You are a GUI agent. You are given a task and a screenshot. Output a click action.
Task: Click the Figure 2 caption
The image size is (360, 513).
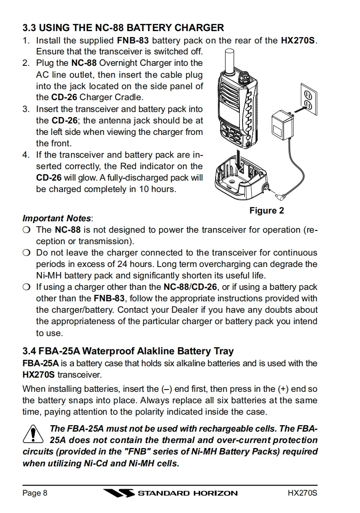[x=266, y=211]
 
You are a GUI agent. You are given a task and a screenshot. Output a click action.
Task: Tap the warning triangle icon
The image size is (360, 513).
[x=32, y=435]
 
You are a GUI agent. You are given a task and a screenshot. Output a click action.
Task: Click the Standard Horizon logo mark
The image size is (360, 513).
[x=118, y=493]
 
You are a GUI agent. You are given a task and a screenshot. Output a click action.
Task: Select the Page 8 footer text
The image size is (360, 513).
[x=35, y=493]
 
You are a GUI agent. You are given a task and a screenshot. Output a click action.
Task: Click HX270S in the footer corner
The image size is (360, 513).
[x=302, y=493]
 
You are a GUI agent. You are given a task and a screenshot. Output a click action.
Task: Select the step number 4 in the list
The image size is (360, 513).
[x=26, y=155]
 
